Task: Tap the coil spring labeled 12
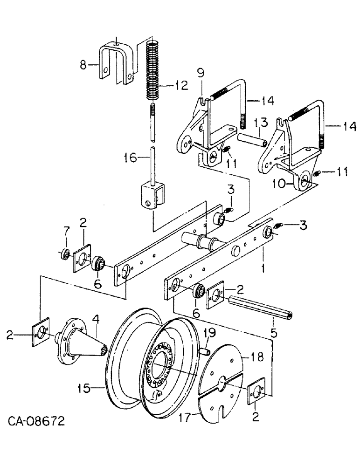pos(153,70)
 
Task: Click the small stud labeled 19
pos(205,347)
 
